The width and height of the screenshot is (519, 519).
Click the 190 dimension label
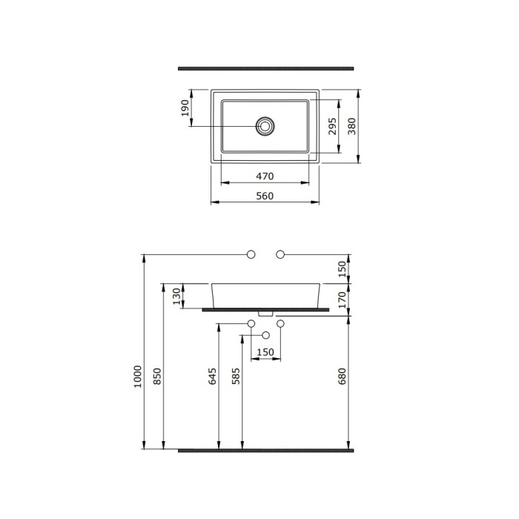pyautogui.click(x=185, y=108)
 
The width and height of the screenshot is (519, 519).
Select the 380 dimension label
pyautogui.click(x=351, y=126)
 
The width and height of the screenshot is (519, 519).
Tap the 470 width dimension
pyautogui.click(x=265, y=176)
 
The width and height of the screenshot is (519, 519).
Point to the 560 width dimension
pyautogui.click(x=265, y=196)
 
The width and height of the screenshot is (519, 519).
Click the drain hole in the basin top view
pyautogui.click(x=265, y=126)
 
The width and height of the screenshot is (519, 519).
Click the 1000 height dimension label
pyautogui.click(x=138, y=377)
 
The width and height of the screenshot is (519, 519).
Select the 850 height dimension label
pyautogui.click(x=157, y=377)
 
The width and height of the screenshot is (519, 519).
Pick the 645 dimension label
pyautogui.click(x=212, y=377)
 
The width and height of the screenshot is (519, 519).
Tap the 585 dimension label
pyautogui.click(x=236, y=377)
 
